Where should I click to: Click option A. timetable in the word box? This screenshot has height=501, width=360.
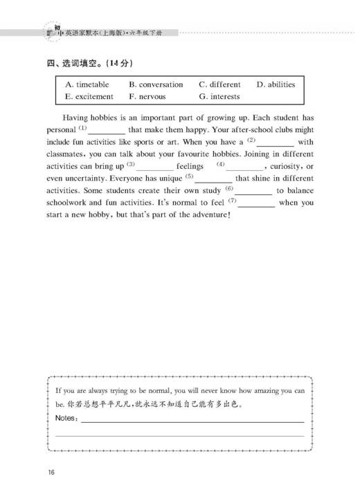(92, 85)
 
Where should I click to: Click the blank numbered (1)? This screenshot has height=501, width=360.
(107, 130)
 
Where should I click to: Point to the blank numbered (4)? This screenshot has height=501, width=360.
(244, 167)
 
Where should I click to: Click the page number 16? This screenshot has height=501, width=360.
(52, 473)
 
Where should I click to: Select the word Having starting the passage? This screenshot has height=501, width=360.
(78, 118)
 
